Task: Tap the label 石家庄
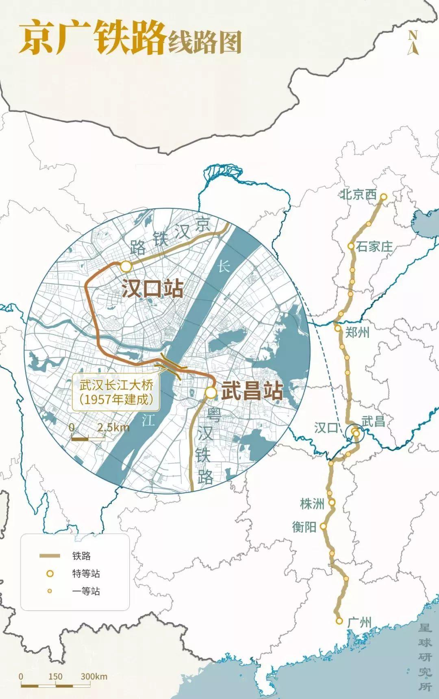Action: pos(374,246)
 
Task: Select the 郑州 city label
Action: pos(358,333)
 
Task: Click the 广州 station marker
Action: pos(339,621)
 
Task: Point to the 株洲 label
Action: pos(312,504)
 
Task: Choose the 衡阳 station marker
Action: pos(324,526)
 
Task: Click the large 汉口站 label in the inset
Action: pos(152,289)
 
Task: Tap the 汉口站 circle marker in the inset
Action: pos(126,267)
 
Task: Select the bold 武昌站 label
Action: pos(252,392)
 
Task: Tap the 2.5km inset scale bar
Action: pos(88,438)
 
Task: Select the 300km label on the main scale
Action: pos(94,676)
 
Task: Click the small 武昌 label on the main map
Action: pos(373,421)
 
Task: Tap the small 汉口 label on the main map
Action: pos(326,428)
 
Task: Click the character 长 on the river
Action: pos(224,266)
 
